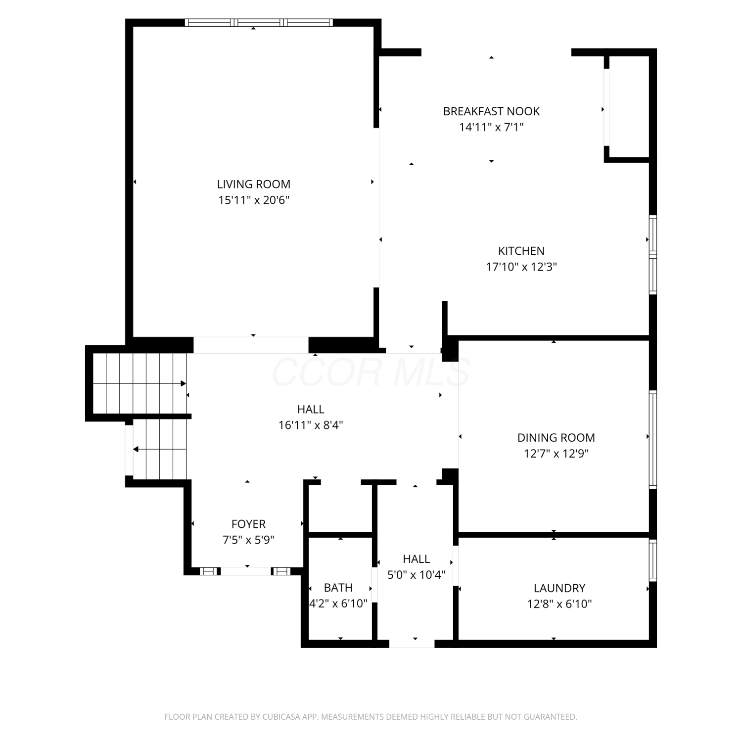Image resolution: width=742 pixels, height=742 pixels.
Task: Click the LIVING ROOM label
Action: [x=254, y=184]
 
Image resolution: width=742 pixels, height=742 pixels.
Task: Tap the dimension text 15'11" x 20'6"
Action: [x=254, y=200]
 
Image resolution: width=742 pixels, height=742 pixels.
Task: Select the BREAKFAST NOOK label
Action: [x=491, y=111]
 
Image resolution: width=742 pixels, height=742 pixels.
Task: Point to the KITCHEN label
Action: [x=521, y=251]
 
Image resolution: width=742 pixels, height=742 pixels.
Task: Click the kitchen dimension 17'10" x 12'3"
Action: [x=521, y=267]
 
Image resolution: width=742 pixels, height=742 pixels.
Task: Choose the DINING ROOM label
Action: [x=556, y=437]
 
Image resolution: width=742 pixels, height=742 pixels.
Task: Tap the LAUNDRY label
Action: [x=559, y=588]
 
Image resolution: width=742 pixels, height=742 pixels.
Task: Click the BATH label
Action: [x=338, y=587]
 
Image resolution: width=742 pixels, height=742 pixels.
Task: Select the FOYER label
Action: [x=248, y=524]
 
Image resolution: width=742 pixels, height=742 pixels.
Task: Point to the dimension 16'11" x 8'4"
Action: [x=311, y=425]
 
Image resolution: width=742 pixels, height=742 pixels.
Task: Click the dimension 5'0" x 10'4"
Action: [x=416, y=574]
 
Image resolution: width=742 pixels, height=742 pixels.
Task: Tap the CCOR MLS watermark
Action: [x=371, y=372]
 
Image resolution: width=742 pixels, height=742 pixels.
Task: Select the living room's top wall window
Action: [x=258, y=22]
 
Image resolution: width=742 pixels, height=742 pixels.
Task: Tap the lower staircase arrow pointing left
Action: [x=160, y=450]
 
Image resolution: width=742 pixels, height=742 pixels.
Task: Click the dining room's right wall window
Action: [x=653, y=440]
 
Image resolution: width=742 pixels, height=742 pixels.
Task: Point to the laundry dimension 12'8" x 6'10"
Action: [x=559, y=603]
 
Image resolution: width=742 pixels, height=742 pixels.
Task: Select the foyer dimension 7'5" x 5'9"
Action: [x=248, y=540]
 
